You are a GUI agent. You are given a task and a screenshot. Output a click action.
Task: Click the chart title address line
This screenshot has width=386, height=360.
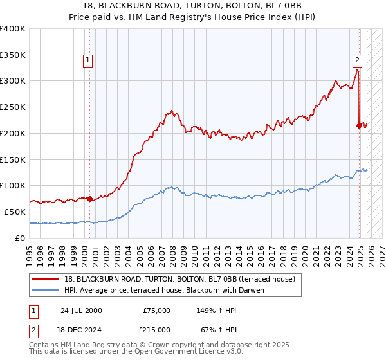tap(193, 6)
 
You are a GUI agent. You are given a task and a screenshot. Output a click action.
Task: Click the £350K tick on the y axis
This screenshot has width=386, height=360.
tap(13, 55)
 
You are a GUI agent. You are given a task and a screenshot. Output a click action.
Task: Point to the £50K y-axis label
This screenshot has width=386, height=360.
tap(15, 212)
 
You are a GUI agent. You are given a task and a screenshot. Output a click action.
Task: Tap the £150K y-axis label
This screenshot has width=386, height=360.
tap(13, 159)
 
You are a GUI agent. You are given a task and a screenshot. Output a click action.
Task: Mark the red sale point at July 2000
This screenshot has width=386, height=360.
tap(90, 199)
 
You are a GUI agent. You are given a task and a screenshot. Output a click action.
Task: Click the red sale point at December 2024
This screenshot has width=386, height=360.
tap(359, 125)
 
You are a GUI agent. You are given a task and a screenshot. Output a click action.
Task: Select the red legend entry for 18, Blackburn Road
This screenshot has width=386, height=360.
tap(179, 279)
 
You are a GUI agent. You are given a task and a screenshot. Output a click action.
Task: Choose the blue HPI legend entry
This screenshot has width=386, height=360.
tap(174, 290)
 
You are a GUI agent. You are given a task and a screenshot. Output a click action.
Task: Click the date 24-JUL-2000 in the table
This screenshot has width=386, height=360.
tap(81, 310)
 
